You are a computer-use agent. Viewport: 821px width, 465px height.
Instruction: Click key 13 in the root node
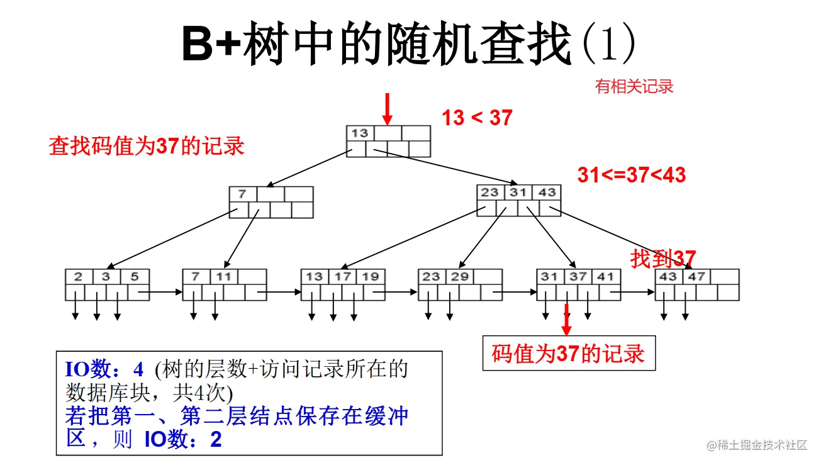tap(360, 133)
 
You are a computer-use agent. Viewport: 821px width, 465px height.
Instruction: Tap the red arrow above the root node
tap(388, 109)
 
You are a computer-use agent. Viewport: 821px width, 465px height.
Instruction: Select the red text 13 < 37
tap(477, 118)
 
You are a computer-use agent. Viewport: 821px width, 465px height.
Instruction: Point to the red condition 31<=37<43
tap(631, 176)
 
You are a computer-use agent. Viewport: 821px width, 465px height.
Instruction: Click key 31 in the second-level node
tap(518, 193)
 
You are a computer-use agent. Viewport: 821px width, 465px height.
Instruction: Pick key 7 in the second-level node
tap(242, 194)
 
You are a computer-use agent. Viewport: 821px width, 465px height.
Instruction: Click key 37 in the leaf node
tap(578, 277)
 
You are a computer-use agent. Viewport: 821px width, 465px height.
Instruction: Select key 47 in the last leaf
tap(696, 277)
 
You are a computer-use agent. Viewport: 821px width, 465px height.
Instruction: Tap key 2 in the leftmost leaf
tap(78, 277)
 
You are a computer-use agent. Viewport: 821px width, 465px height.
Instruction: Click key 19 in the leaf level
tap(371, 277)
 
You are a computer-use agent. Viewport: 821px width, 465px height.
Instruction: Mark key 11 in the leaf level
tap(224, 277)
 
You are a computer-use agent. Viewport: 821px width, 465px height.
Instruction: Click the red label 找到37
tap(663, 259)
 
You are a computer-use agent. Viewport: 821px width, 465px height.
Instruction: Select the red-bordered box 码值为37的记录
tap(569, 354)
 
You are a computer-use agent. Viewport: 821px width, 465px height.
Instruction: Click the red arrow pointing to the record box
tap(567, 320)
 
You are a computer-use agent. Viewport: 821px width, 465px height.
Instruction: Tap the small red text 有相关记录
tap(634, 87)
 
